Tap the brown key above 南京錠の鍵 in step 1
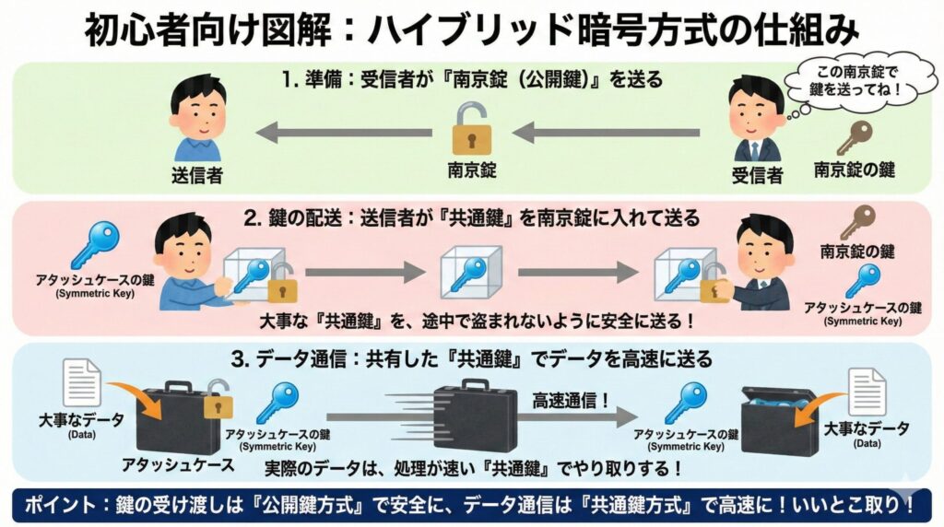click(853, 137)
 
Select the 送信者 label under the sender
click(197, 174)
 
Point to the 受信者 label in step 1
click(757, 174)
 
